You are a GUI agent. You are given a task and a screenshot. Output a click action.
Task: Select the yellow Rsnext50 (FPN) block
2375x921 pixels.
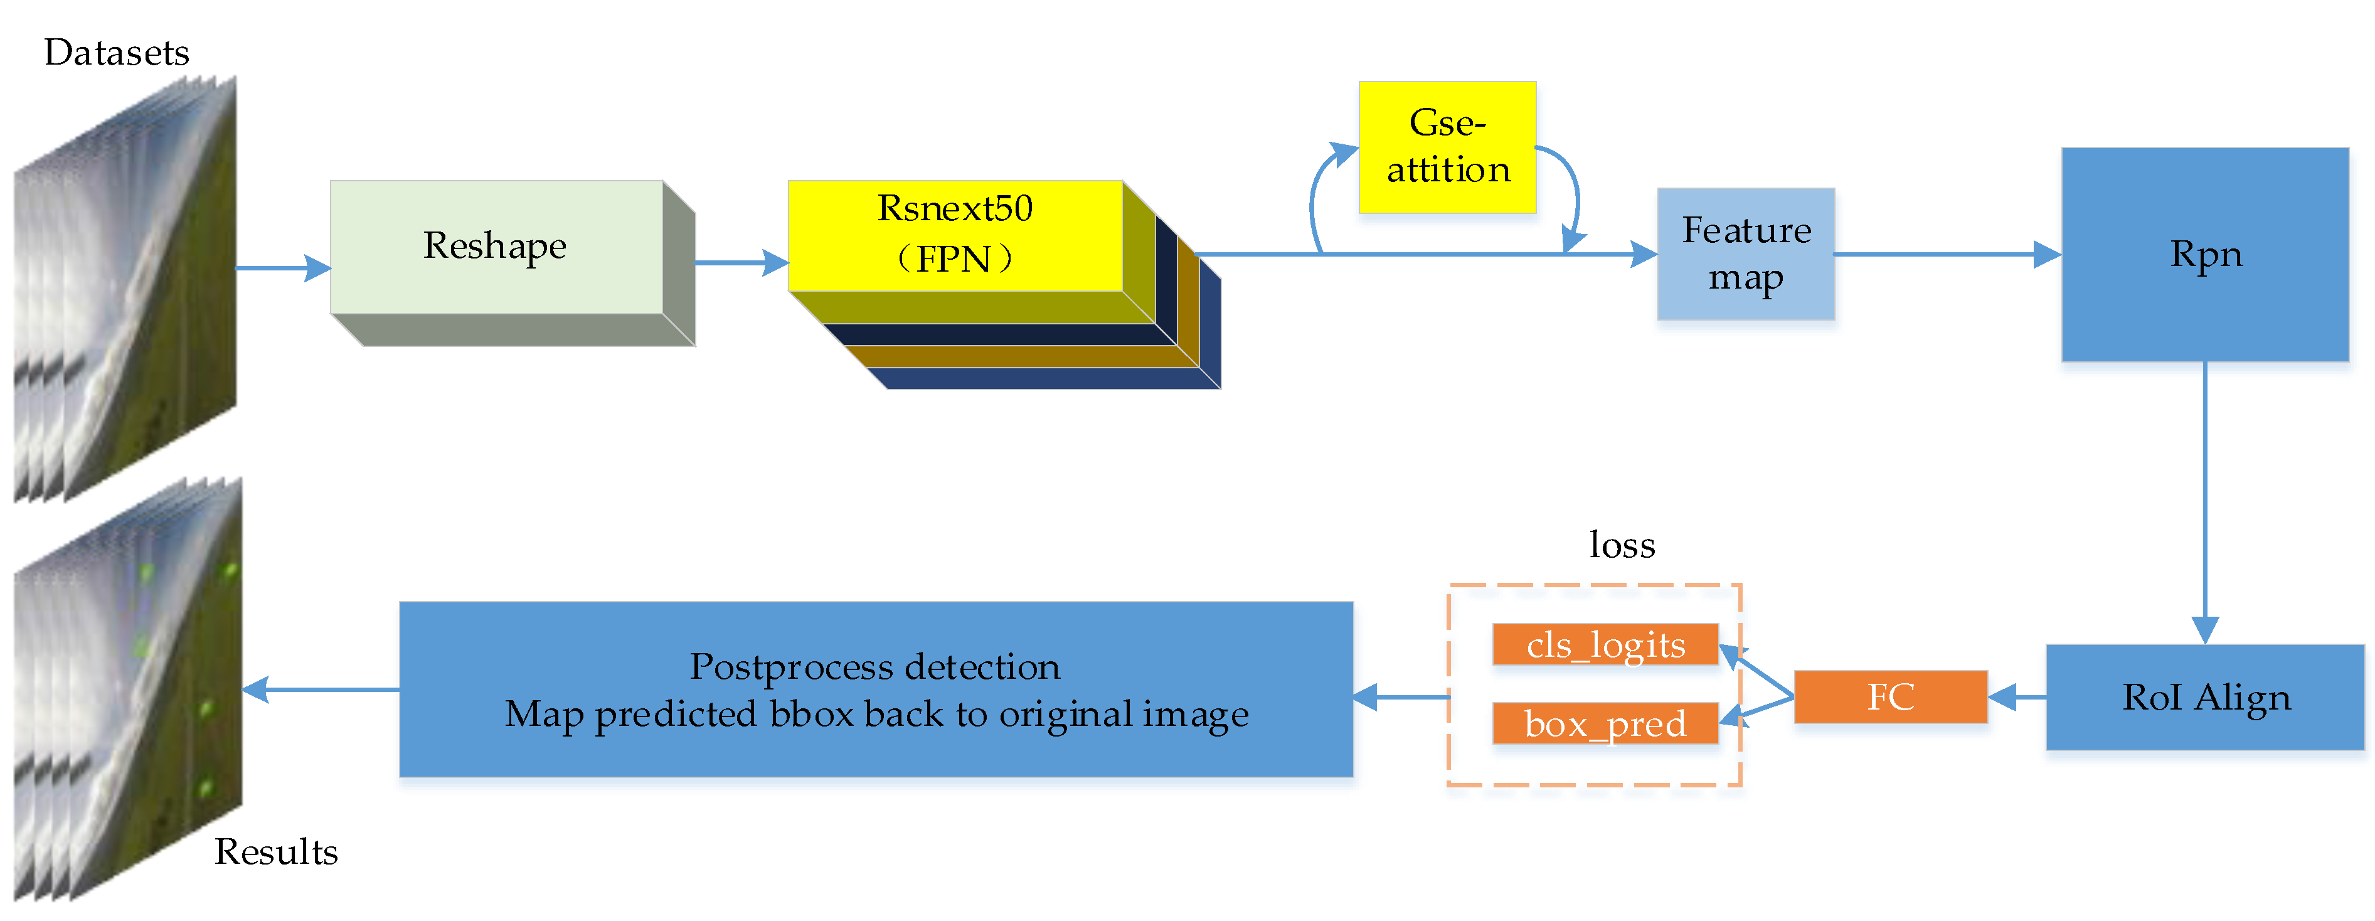click(955, 235)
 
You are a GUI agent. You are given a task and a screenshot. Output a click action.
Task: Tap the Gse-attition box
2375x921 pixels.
click(1447, 147)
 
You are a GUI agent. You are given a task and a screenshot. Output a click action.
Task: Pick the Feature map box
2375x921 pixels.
click(1745, 253)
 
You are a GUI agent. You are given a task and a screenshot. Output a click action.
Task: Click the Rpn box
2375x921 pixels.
click(2204, 255)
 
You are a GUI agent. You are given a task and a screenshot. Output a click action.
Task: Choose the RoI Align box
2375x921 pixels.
click(2204, 697)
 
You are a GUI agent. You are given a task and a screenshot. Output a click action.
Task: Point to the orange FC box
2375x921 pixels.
click(1890, 697)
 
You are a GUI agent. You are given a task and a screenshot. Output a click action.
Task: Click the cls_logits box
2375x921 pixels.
click(1605, 644)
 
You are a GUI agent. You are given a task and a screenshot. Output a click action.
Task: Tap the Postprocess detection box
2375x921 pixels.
click(876, 689)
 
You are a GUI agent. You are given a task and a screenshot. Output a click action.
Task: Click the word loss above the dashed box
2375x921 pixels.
click(1622, 545)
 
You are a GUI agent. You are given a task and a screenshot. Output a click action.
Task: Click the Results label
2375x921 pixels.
click(275, 852)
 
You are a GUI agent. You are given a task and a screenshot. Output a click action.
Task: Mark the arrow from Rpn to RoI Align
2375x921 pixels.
click(2204, 498)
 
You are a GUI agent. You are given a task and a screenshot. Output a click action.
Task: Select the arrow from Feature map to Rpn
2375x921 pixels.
click(1945, 255)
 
